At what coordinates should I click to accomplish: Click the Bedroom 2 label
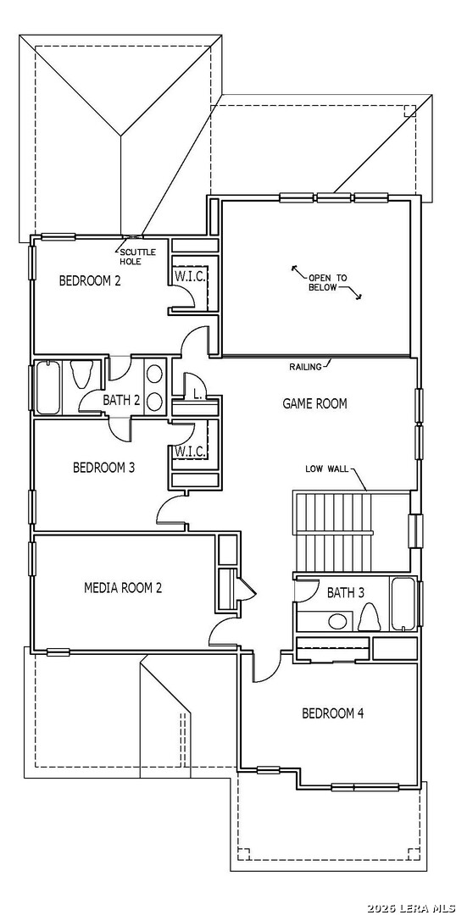click(90, 280)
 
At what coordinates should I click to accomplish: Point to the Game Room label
click(314, 403)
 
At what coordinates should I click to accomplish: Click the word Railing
click(305, 367)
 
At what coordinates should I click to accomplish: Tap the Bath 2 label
click(121, 400)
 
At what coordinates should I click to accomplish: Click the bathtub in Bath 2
click(47, 388)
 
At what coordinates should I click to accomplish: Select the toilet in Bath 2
click(81, 374)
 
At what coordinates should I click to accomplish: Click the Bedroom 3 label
click(104, 468)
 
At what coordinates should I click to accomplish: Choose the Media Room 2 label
click(123, 587)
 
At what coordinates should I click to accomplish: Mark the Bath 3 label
click(346, 593)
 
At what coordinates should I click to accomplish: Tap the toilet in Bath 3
click(368, 616)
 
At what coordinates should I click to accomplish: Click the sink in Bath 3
click(336, 621)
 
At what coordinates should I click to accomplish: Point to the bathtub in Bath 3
click(403, 604)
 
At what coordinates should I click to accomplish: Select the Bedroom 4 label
click(333, 713)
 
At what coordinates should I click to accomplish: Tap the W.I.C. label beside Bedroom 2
click(189, 276)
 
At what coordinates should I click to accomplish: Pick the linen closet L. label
click(198, 395)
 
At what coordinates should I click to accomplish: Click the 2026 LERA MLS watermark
click(411, 908)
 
